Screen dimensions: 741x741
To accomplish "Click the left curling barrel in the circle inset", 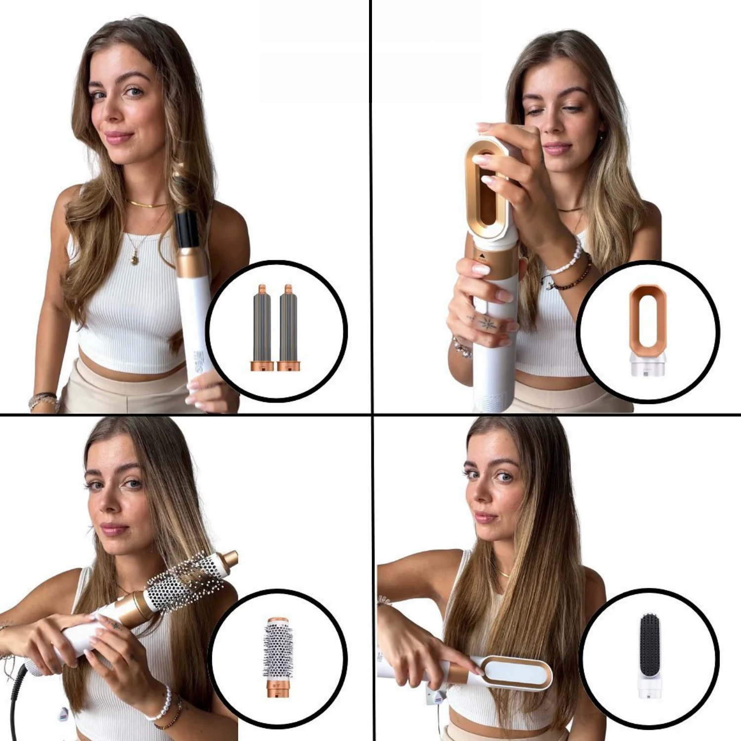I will coord(262,327).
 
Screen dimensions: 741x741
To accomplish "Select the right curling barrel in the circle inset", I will coord(288,327).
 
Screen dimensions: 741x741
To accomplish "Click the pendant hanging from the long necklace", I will coord(134,259).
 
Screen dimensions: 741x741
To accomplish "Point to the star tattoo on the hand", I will coord(488,324).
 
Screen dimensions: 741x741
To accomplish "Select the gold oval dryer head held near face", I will coord(487,190).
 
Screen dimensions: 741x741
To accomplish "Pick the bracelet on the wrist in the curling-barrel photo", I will coord(43,401).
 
